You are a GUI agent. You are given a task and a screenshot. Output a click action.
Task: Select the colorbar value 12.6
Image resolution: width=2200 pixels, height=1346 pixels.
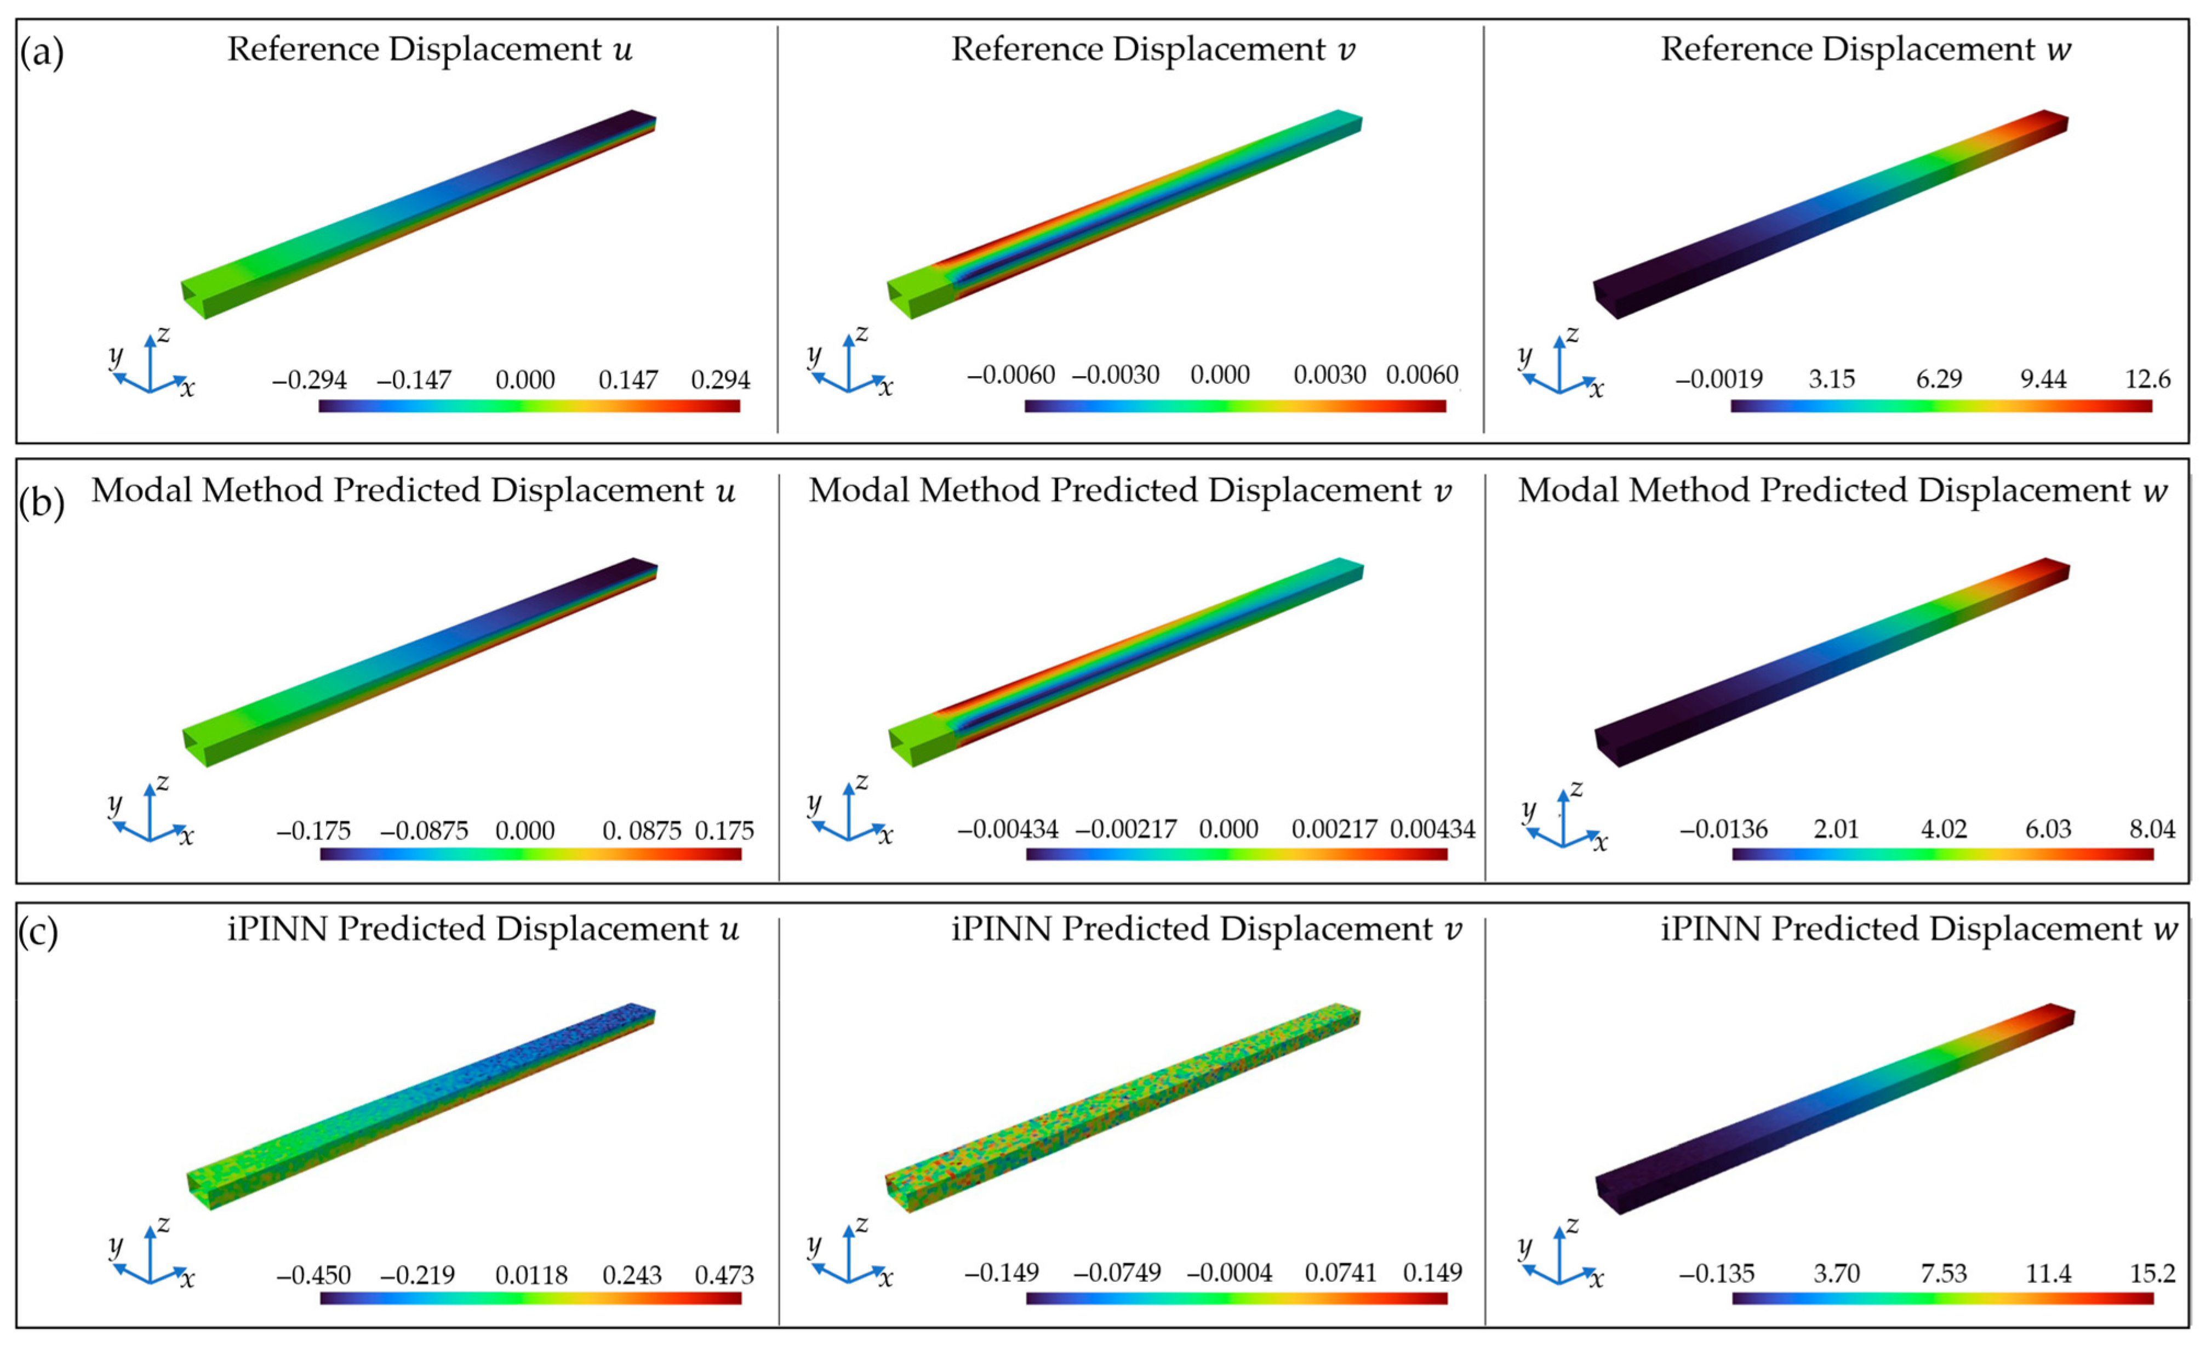pyautogui.click(x=2147, y=379)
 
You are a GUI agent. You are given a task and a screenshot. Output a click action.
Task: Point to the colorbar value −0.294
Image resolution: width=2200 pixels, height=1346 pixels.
pyautogui.click(x=309, y=380)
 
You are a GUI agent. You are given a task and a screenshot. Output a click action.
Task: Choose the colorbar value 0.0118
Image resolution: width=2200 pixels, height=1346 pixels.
pyautogui.click(x=532, y=1275)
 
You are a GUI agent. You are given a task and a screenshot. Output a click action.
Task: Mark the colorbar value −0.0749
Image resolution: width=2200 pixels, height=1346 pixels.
pyautogui.click(x=1117, y=1273)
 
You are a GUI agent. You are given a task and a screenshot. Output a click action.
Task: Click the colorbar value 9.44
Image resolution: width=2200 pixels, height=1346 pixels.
pyautogui.click(x=2043, y=379)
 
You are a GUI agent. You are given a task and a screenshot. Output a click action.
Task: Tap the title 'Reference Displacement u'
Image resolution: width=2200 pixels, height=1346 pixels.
pyautogui.click(x=430, y=49)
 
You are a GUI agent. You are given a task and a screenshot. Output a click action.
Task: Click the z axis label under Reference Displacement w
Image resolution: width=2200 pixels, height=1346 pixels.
pyautogui.click(x=1572, y=333)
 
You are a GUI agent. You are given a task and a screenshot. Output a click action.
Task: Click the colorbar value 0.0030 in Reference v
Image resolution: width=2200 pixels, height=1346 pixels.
pyautogui.click(x=1329, y=375)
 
